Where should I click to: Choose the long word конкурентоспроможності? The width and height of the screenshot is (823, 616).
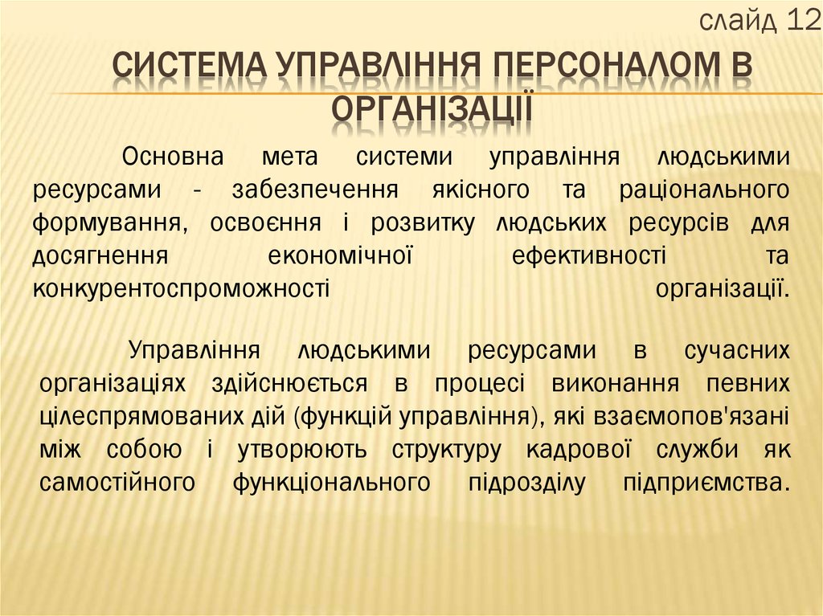click(x=182, y=288)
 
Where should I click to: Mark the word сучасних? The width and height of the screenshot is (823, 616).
click(x=736, y=351)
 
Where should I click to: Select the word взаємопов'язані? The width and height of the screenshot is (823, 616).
click(x=692, y=416)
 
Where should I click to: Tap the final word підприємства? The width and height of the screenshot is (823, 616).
click(x=706, y=482)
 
